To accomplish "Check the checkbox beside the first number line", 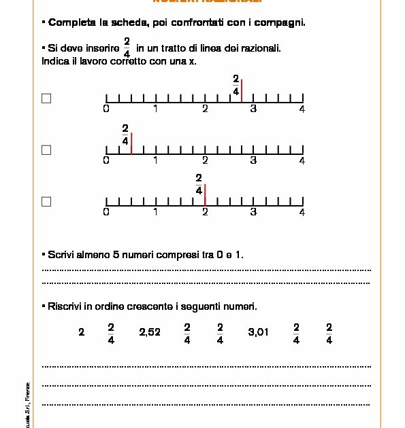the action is [x=46, y=99].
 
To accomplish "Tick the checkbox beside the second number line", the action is [x=46, y=150].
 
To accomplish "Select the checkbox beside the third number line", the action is [x=46, y=202].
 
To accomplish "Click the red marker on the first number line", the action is [x=242, y=91].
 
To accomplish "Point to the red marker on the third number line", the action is [x=205, y=194].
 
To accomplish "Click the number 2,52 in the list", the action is [x=150, y=333].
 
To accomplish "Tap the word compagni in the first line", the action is [x=279, y=22].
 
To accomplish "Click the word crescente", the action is [x=154, y=306].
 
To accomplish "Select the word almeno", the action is [x=88, y=255].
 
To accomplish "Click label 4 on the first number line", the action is [x=302, y=109].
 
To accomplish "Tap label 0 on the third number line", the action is [x=106, y=213].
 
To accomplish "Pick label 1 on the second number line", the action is [x=156, y=161].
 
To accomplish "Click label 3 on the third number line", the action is [x=253, y=213].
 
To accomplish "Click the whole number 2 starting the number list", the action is [x=82, y=333].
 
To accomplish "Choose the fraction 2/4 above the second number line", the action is [x=125, y=134].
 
